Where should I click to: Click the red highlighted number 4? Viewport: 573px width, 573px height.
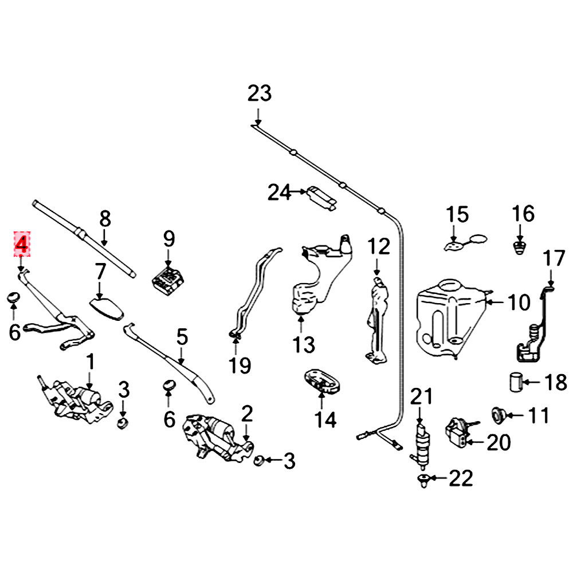(x=21, y=245)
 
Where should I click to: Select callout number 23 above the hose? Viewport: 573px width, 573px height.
(x=259, y=93)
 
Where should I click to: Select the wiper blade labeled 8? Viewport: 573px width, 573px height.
(x=86, y=238)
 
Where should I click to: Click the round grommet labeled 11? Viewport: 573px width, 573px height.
(x=497, y=414)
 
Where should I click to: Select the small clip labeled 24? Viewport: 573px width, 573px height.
(x=320, y=195)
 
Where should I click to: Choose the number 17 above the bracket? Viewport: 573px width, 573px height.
(x=554, y=259)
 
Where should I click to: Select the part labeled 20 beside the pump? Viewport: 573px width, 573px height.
(x=458, y=433)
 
